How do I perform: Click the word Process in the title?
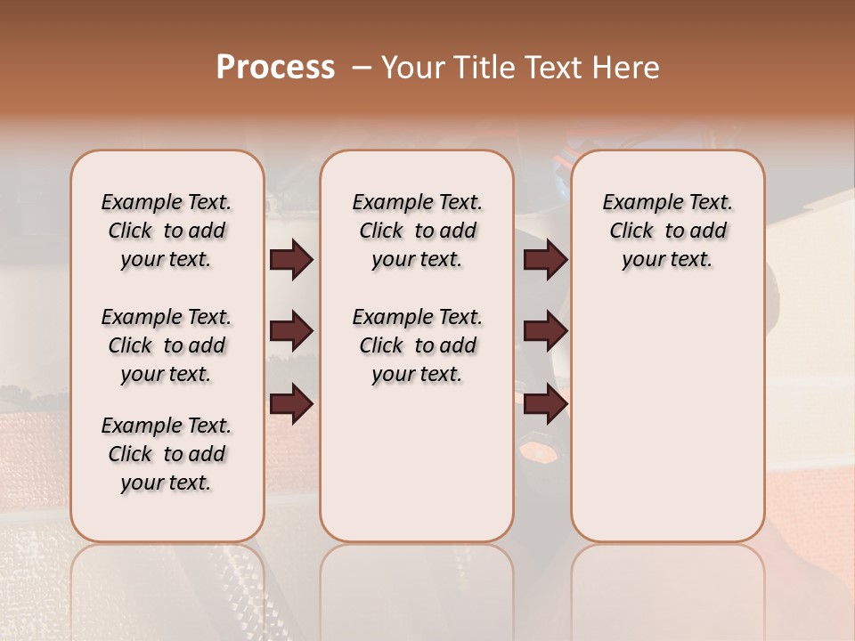click(275, 68)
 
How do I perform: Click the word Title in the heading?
click(481, 68)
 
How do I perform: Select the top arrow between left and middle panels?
click(291, 260)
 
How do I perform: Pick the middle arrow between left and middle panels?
click(291, 332)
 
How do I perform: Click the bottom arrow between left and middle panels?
click(291, 404)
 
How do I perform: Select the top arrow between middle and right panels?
click(545, 260)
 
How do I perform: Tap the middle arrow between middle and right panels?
click(545, 332)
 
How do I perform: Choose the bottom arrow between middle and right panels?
click(545, 404)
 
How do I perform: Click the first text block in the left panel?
click(167, 231)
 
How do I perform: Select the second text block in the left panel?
click(167, 345)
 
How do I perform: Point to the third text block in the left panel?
click(167, 454)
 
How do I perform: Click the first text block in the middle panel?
click(417, 231)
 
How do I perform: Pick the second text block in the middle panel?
click(417, 345)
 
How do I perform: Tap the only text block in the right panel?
click(667, 231)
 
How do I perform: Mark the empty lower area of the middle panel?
click(417, 463)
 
